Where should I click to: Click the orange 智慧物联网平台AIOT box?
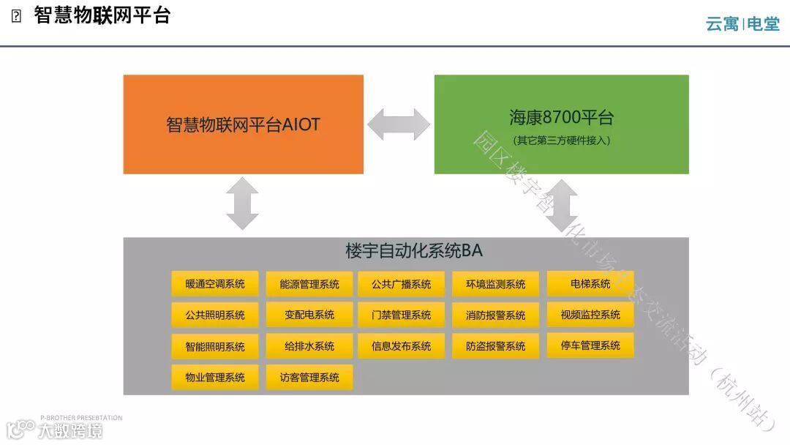(243, 124)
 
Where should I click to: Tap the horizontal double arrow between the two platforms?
(399, 124)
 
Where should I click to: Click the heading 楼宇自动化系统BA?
(413, 251)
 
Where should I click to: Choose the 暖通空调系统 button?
(215, 284)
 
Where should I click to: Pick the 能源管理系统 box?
(309, 284)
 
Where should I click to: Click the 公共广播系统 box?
(401, 284)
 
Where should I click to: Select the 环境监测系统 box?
(495, 284)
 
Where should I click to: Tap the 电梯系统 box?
(590, 284)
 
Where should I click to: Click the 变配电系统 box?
(309, 315)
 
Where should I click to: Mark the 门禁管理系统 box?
(401, 315)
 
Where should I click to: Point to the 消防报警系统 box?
(495, 315)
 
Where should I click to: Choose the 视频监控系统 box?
(590, 315)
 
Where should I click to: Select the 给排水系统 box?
(309, 346)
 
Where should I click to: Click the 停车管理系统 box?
(590, 345)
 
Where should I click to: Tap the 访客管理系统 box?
(309, 378)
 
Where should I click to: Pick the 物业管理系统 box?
(215, 378)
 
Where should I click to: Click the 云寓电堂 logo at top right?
(742, 24)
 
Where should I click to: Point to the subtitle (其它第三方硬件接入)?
(561, 141)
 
